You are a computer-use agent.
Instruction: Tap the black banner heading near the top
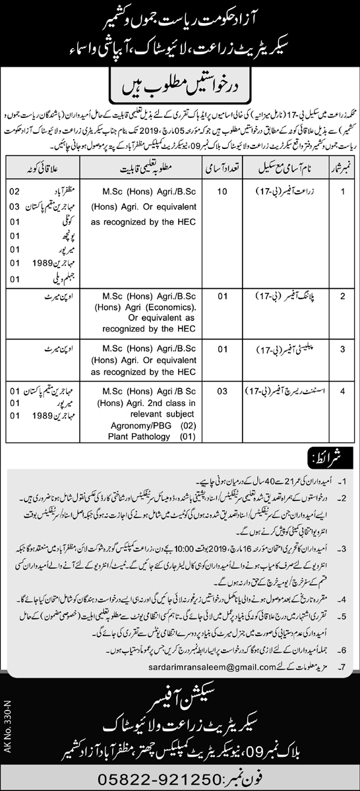tap(180, 84)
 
